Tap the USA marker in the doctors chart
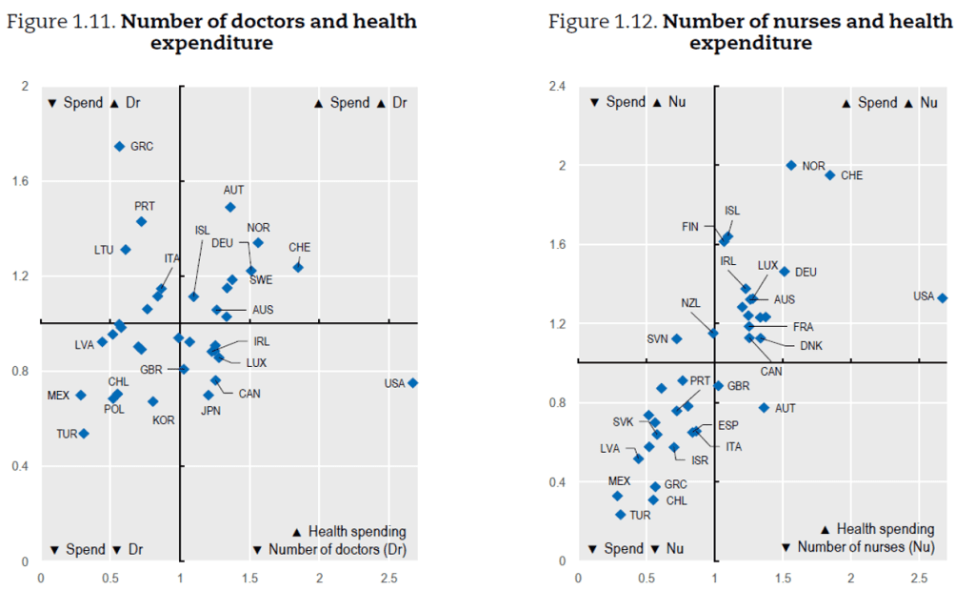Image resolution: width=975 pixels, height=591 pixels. (x=412, y=382)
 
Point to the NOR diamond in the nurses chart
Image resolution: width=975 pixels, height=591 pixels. (x=791, y=165)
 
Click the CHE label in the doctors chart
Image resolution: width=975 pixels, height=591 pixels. (x=299, y=247)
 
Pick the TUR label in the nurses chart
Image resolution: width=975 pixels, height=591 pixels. (x=641, y=515)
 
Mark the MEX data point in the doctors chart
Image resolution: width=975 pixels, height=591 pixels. (x=81, y=395)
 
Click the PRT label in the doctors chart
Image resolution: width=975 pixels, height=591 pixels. (x=145, y=206)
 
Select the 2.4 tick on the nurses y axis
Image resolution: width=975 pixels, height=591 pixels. (x=558, y=87)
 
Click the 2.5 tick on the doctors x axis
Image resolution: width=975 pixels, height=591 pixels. (x=388, y=577)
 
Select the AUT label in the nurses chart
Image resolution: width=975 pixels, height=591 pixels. (x=786, y=407)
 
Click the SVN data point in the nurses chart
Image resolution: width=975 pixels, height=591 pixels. (x=677, y=338)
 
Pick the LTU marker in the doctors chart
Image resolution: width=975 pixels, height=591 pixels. (x=126, y=250)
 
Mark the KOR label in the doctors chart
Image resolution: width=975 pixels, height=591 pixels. (x=164, y=419)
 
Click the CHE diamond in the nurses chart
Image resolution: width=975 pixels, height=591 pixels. (x=830, y=174)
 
